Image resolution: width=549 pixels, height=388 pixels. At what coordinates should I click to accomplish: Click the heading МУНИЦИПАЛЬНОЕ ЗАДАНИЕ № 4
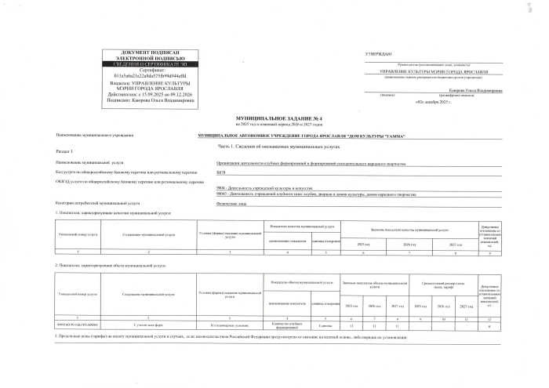click(273, 116)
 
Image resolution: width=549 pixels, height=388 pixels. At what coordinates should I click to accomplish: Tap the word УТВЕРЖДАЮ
click(378, 52)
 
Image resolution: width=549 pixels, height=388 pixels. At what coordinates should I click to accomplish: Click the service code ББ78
click(220, 172)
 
